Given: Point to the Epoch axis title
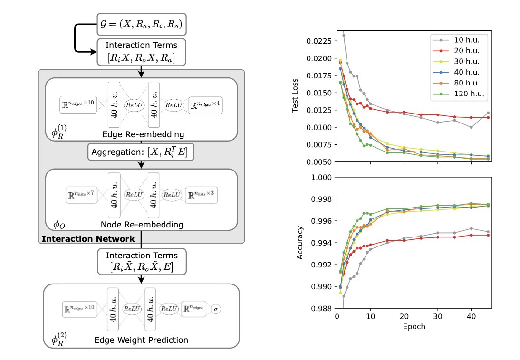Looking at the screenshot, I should pyautogui.click(x=414, y=327).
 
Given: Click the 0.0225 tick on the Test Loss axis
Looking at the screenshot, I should pyautogui.click(x=321, y=41).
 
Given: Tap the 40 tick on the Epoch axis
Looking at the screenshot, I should pyautogui.click(x=471, y=316).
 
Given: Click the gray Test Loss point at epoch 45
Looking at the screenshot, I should pyautogui.click(x=488, y=113).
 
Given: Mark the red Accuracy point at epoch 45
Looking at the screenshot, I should pyautogui.click(x=488, y=235).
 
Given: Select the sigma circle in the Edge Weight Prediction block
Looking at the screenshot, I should pyautogui.click(x=216, y=309).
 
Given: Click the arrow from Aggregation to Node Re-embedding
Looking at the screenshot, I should pyautogui.click(x=141, y=164).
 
